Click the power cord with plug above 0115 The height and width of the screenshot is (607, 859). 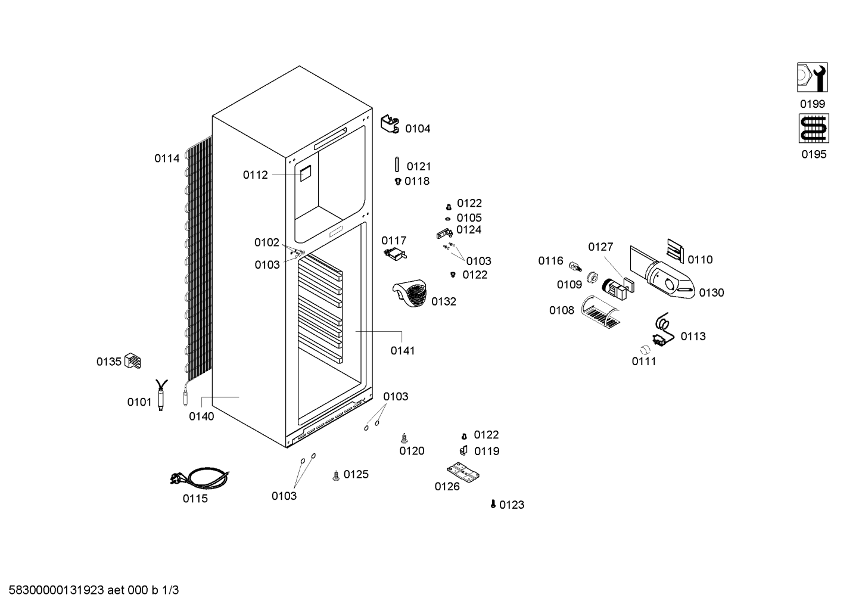pyautogui.click(x=200, y=478)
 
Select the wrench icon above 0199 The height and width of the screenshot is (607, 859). pyautogui.click(x=812, y=77)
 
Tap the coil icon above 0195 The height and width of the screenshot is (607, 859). pyautogui.click(x=814, y=129)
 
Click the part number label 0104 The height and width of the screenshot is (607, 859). pyautogui.click(x=418, y=129)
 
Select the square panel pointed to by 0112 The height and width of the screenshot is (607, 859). pyautogui.click(x=306, y=173)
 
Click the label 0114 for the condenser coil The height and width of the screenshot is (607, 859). pyautogui.click(x=167, y=158)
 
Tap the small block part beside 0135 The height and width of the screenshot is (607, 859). pyautogui.click(x=133, y=361)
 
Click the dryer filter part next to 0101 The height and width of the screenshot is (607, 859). pyautogui.click(x=161, y=395)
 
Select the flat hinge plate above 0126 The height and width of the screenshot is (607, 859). pyautogui.click(x=463, y=472)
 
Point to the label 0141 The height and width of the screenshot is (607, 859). pyautogui.click(x=403, y=350)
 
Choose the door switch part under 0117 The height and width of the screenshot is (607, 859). pyautogui.click(x=395, y=254)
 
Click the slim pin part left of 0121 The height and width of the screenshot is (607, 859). pyautogui.click(x=397, y=164)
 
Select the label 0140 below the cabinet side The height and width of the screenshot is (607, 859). pyautogui.click(x=201, y=416)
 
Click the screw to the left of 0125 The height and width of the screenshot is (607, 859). pyautogui.click(x=336, y=476)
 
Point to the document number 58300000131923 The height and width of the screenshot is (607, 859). pyautogui.click(x=57, y=590)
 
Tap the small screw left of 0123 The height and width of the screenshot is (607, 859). pyautogui.click(x=493, y=504)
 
